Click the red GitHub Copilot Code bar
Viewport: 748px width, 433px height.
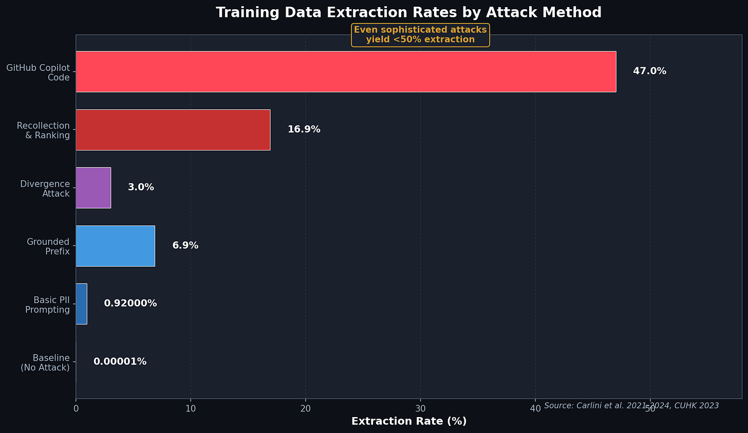point(345,71)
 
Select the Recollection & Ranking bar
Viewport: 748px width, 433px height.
point(173,129)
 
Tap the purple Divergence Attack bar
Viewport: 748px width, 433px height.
point(93,187)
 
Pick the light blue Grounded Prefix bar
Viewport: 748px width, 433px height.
point(115,246)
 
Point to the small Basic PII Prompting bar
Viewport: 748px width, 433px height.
point(81,304)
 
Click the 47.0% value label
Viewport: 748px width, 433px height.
point(649,71)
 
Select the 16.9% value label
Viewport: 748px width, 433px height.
point(304,129)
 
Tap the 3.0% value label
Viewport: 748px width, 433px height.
point(141,187)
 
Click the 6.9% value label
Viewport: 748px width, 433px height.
point(185,246)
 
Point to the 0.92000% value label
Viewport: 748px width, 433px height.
point(130,304)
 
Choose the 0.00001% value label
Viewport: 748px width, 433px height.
point(120,362)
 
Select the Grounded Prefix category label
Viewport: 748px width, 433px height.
point(48,247)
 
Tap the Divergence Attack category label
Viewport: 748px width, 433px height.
point(45,189)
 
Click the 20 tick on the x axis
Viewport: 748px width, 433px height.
point(306,408)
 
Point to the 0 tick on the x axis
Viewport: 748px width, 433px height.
point(76,408)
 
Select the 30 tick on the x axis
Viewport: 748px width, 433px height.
point(420,408)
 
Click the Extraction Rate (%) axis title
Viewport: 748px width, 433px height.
point(409,421)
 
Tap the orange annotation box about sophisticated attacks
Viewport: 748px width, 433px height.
point(420,35)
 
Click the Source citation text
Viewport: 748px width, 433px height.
point(631,406)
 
